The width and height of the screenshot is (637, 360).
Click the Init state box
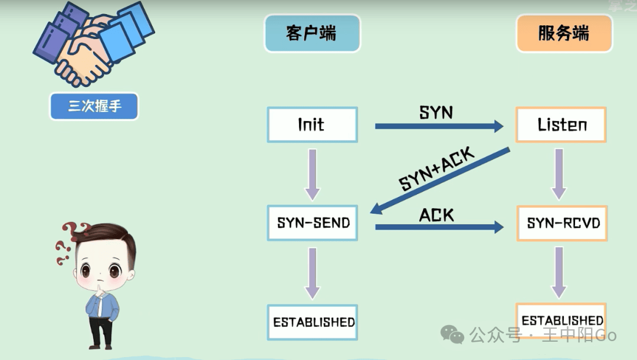(312, 125)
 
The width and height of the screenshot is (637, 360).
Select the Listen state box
(561, 125)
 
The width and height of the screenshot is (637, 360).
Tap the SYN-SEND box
(312, 223)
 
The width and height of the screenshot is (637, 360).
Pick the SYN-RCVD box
(562, 224)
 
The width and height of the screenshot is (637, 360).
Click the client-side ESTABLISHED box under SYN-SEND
(312, 322)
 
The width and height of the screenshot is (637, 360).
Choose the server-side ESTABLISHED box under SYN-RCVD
(561, 320)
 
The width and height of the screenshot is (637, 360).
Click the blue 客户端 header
(312, 33)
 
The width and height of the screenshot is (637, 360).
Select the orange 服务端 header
(564, 33)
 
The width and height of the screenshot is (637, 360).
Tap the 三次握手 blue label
(94, 106)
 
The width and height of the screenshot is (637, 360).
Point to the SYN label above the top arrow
(436, 113)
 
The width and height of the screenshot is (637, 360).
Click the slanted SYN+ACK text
(436, 169)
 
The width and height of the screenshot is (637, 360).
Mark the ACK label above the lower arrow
(436, 215)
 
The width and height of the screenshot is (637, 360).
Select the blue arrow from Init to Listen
(439, 126)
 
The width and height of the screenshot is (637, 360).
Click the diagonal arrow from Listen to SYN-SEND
(440, 181)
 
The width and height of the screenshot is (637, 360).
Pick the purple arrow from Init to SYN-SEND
(312, 175)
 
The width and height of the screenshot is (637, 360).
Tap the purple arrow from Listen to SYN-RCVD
(559, 174)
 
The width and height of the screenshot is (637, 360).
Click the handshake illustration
(93, 44)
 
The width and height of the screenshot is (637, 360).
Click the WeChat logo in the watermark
(452, 335)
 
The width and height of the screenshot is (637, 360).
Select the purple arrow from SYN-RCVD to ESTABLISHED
(559, 273)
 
